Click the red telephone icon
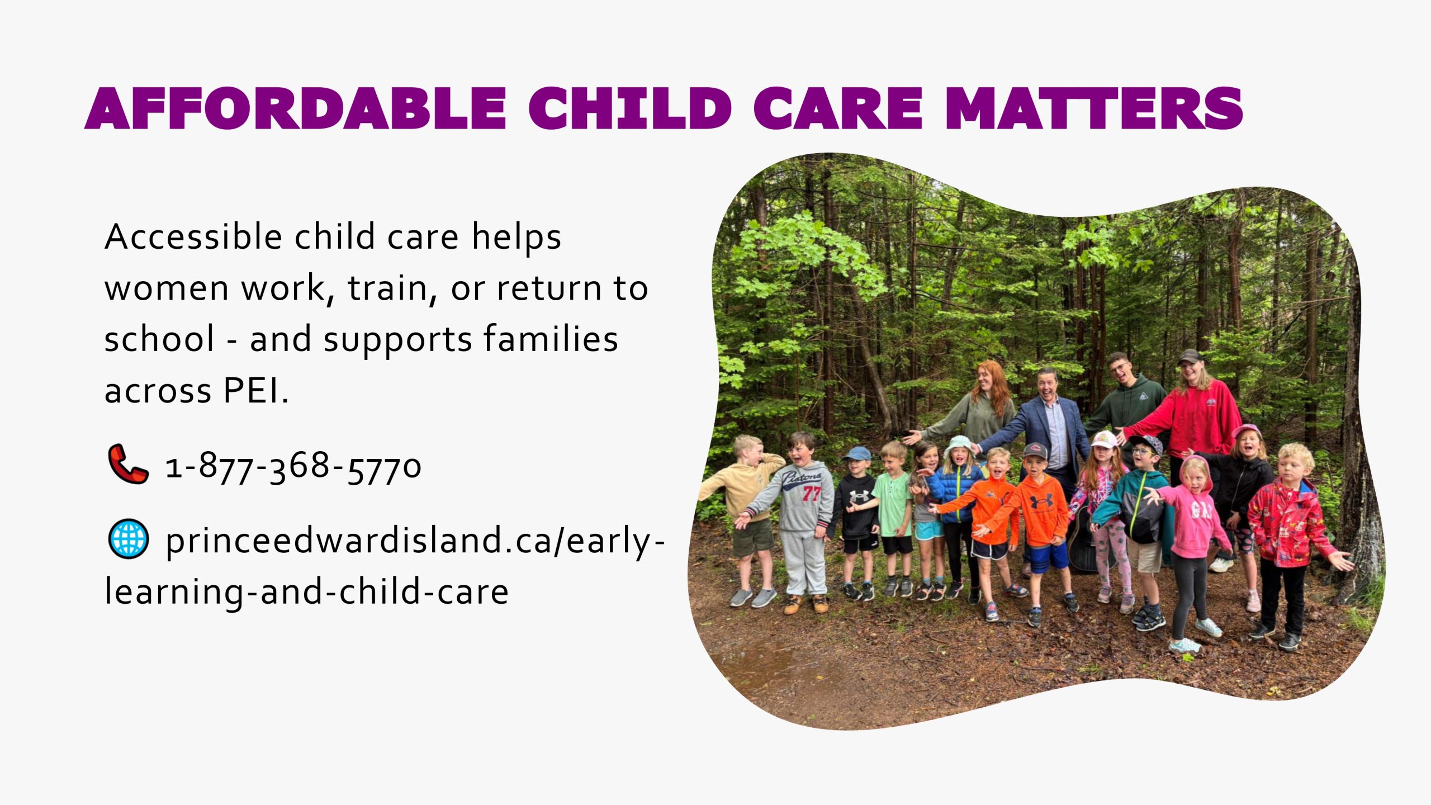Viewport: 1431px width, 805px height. (x=128, y=464)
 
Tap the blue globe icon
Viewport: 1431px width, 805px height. (x=128, y=539)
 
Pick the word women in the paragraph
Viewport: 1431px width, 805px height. (x=167, y=290)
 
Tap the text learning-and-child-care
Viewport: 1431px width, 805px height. (x=307, y=592)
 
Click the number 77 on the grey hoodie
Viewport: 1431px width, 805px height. (x=811, y=494)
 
